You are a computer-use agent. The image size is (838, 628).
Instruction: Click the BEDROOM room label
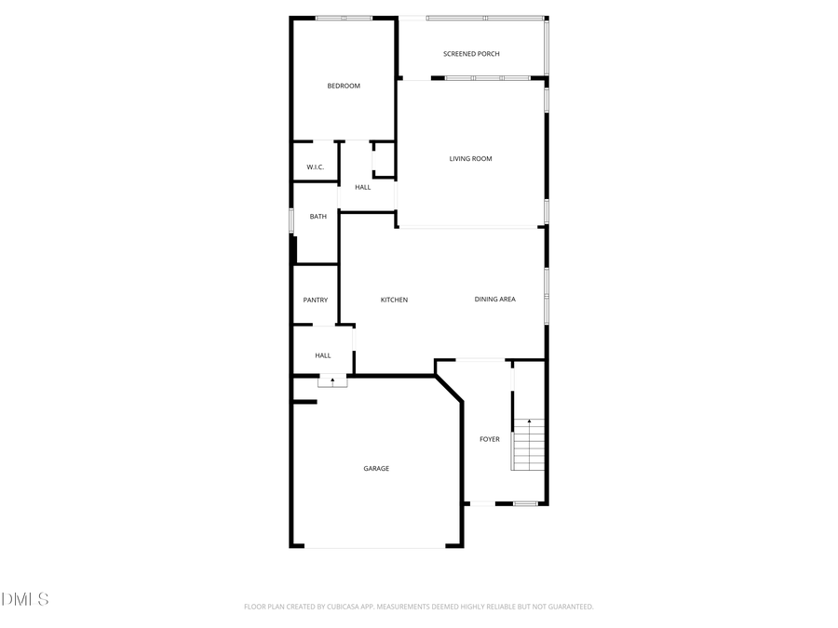click(343, 87)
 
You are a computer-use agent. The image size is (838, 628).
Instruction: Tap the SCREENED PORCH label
click(471, 54)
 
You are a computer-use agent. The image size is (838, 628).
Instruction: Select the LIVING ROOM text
click(470, 159)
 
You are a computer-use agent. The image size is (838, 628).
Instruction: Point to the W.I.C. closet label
click(315, 167)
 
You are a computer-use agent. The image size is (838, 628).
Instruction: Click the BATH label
click(318, 217)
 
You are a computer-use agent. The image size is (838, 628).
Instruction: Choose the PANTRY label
click(315, 300)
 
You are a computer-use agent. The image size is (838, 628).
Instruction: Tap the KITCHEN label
click(394, 300)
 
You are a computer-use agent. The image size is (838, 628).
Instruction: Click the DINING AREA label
click(494, 300)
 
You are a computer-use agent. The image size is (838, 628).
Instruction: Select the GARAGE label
click(376, 469)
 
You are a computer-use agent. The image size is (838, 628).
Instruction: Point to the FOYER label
click(489, 439)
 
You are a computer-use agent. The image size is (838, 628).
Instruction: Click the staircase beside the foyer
click(528, 451)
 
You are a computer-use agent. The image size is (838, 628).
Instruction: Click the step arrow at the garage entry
click(332, 381)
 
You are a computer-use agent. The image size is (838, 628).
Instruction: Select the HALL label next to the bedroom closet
click(362, 188)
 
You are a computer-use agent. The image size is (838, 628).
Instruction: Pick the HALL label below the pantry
click(322, 355)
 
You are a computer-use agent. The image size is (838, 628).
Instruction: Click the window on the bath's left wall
click(292, 218)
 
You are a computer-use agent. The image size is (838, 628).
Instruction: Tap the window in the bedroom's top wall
click(344, 18)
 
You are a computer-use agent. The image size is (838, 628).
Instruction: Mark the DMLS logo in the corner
click(25, 599)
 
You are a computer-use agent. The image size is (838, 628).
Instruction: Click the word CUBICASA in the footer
click(338, 607)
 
